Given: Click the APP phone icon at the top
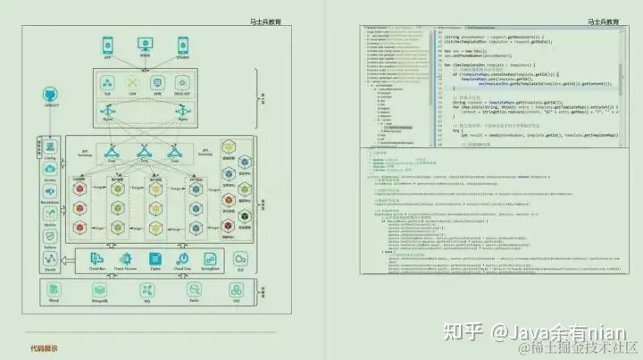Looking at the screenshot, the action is click(x=107, y=44).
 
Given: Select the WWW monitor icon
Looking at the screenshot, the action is click(x=146, y=44).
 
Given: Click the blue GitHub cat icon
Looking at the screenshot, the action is click(x=51, y=96).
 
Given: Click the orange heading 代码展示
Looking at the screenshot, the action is click(x=43, y=348).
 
